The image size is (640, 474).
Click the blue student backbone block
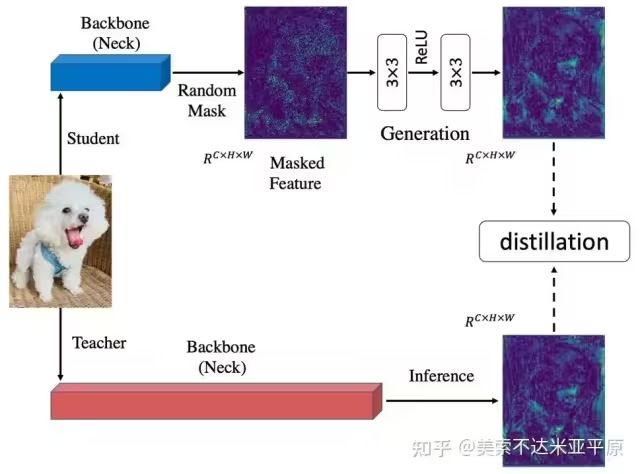(x=110, y=72)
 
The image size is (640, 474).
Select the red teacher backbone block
(x=216, y=401)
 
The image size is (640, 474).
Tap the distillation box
(x=554, y=241)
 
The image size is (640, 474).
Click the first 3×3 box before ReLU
(x=392, y=72)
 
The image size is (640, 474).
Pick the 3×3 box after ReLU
(x=455, y=72)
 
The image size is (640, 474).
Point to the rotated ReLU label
(x=422, y=47)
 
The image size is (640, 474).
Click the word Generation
(x=425, y=134)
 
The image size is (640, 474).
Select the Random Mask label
(x=207, y=100)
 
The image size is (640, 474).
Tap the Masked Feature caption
(x=297, y=173)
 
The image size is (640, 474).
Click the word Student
(x=93, y=138)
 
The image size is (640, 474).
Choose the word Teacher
(x=99, y=343)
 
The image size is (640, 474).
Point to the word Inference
(x=442, y=376)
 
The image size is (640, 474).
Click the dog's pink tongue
(x=74, y=238)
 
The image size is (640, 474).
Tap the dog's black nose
(x=84, y=218)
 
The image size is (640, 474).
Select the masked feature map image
(x=296, y=73)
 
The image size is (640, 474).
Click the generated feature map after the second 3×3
(x=553, y=73)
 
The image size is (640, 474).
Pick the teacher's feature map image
(x=553, y=401)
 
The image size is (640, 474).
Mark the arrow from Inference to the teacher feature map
(x=442, y=401)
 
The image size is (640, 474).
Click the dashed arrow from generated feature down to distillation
(x=553, y=179)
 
